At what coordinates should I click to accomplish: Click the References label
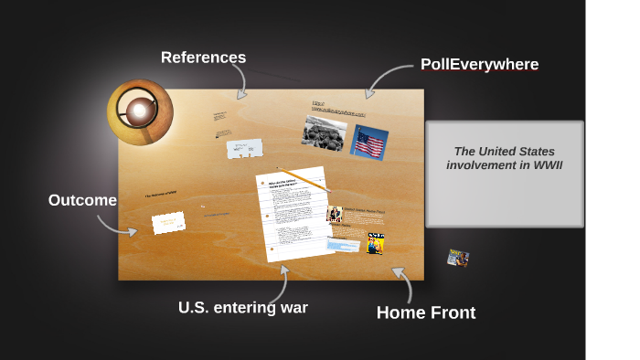tap(203, 58)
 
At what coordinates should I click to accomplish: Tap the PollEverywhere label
tap(479, 65)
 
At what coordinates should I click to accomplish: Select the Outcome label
tap(82, 201)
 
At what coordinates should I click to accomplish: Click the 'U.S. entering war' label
tap(242, 308)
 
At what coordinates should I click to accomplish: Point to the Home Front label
tap(425, 312)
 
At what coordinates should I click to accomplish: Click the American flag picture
tap(369, 143)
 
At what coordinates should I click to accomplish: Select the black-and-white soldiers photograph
tap(324, 133)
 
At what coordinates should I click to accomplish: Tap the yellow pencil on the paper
tap(303, 178)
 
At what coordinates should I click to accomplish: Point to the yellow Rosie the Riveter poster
tap(376, 244)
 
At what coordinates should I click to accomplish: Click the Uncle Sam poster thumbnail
tap(335, 215)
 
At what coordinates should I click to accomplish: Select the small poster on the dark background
tap(458, 259)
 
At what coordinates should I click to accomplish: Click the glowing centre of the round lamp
tap(139, 111)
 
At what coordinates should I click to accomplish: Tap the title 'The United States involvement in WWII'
tap(505, 158)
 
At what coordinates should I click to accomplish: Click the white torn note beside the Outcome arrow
tap(169, 222)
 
